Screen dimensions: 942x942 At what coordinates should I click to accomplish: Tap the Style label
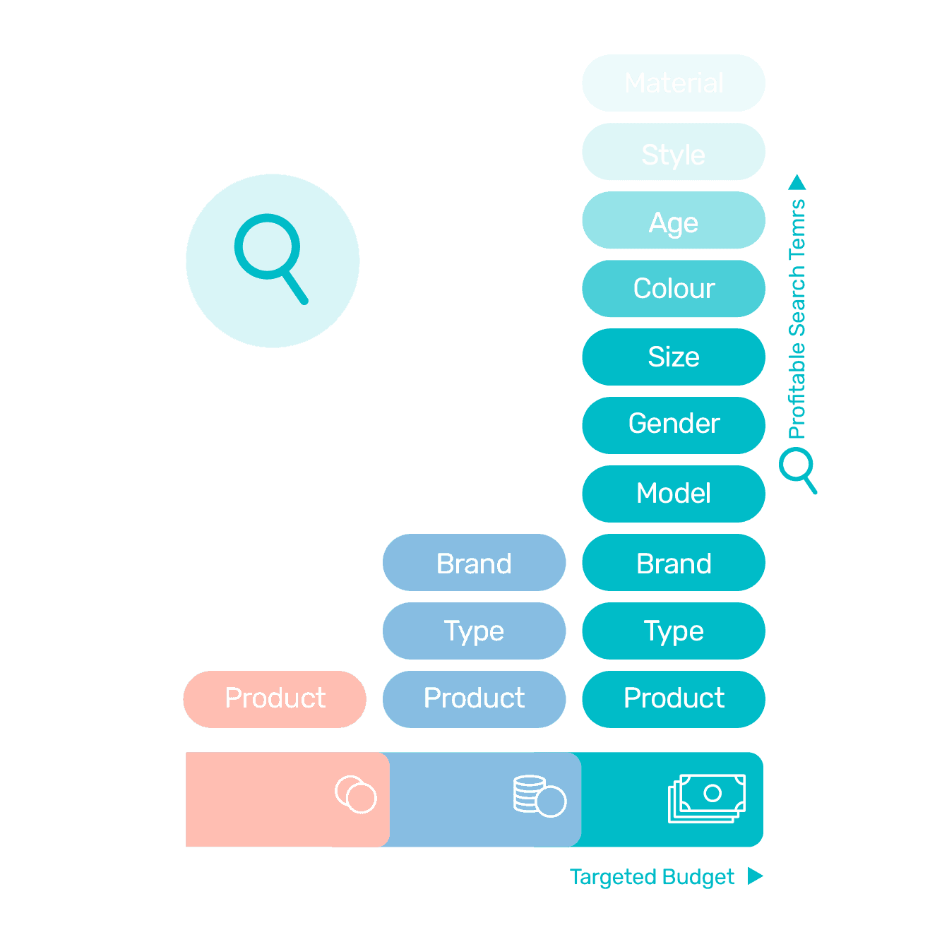[673, 155]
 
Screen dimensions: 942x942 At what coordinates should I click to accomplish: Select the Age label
[673, 224]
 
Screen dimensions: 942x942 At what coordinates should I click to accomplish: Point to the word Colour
[674, 289]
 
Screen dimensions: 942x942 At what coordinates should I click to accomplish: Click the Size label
[673, 357]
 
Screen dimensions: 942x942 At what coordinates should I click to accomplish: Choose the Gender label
[674, 424]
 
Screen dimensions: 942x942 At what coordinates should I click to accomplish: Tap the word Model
[673, 494]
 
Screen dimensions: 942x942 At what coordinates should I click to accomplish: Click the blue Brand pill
[474, 564]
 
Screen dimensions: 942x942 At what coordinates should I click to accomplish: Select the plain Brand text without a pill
[674, 564]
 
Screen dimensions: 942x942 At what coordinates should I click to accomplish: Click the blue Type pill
[474, 631]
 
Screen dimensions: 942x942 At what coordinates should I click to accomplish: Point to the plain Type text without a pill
[674, 631]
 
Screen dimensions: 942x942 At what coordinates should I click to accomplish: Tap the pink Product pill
[275, 698]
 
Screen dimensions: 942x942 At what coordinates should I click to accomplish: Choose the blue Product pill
[474, 698]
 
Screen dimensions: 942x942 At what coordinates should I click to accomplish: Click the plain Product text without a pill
[674, 698]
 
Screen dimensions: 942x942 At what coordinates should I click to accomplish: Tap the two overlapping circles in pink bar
[356, 794]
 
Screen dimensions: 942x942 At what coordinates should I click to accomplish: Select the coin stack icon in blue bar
[539, 797]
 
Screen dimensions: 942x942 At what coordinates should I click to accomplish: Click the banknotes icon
[706, 798]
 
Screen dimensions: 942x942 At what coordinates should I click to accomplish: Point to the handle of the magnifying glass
[295, 288]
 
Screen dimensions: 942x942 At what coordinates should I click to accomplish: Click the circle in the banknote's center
[713, 793]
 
